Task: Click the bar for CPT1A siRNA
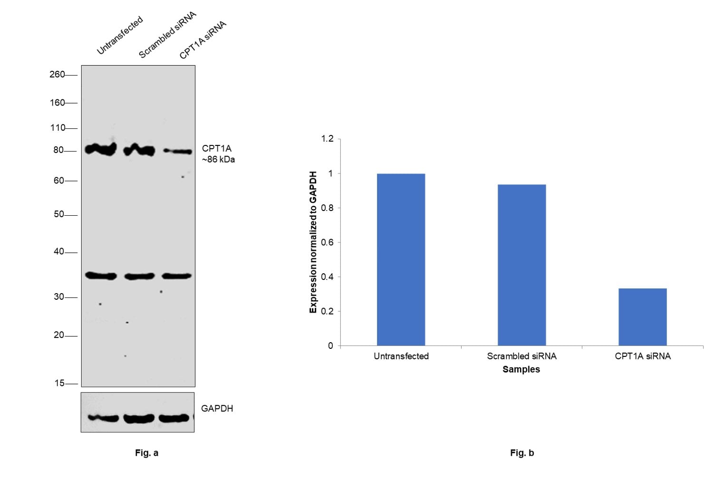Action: point(642,317)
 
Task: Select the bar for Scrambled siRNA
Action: point(521,265)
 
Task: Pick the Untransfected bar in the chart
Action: point(401,259)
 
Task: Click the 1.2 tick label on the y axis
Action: point(327,139)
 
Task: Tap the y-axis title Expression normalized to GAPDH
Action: point(313,242)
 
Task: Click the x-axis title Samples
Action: point(521,369)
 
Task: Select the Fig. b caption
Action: point(521,453)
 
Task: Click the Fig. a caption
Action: point(146,453)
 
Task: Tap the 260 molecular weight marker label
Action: point(57,75)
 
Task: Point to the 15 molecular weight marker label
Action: point(59,383)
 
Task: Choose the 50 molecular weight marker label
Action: point(58,214)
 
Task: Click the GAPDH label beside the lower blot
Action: point(217,408)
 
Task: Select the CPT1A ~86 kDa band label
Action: point(218,154)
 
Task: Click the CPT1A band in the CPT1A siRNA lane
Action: point(178,151)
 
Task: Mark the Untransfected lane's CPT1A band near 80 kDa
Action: point(100,149)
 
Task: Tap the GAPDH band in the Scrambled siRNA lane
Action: point(139,418)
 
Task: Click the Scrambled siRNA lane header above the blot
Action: point(167,36)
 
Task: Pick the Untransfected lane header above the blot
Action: point(119,36)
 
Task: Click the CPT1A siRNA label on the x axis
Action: point(642,356)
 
